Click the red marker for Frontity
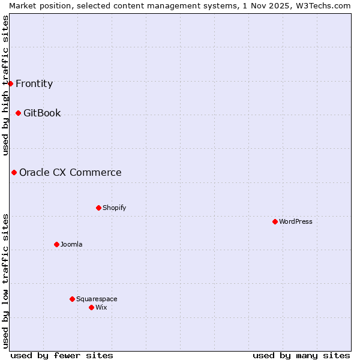click(10, 83)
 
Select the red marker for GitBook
click(18, 113)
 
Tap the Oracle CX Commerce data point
click(14, 172)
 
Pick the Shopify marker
click(98, 208)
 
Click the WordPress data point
click(275, 221)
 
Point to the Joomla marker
click(56, 244)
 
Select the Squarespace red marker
click(72, 299)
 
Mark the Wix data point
click(91, 307)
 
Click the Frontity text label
click(34, 83)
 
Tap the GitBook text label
click(42, 113)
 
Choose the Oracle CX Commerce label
click(70, 172)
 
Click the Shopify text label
click(114, 208)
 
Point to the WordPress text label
click(296, 221)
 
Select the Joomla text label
click(71, 244)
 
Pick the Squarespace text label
click(97, 299)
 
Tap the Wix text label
click(101, 307)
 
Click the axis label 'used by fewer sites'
click(62, 355)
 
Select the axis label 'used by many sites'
click(301, 355)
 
